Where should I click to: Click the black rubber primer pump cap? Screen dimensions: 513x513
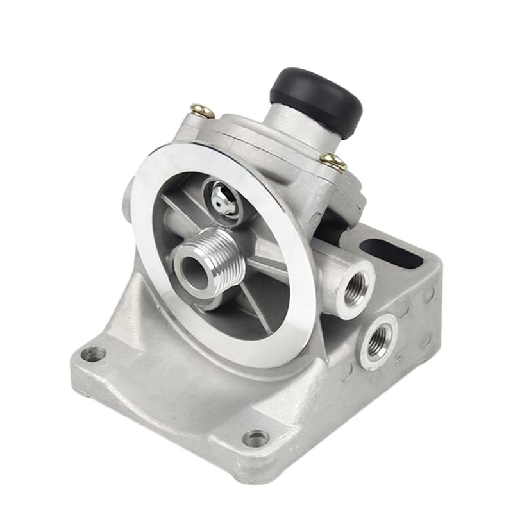(x=316, y=99)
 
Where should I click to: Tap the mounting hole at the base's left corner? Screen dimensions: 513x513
(x=95, y=353)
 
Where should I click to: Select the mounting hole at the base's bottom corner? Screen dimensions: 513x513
(x=256, y=439)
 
